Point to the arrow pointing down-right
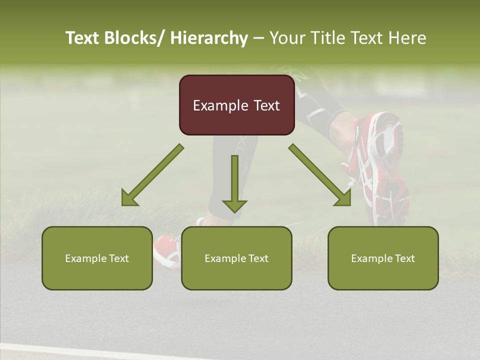320,175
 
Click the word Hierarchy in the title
209,38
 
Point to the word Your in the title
286,38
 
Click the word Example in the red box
220,105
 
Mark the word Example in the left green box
83,258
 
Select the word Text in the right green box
403,258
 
